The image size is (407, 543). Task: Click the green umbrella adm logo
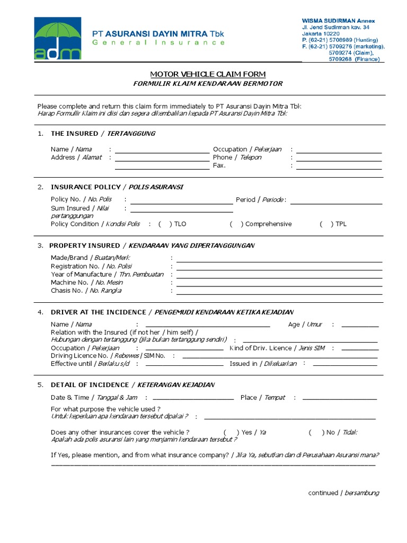point(58,38)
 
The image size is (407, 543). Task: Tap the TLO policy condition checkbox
point(164,224)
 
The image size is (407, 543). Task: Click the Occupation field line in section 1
point(339,153)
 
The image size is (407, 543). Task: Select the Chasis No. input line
point(279,294)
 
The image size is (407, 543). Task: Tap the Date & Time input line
point(193,399)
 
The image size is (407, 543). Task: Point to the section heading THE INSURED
point(74,134)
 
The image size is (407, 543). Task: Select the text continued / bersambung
point(343,493)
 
